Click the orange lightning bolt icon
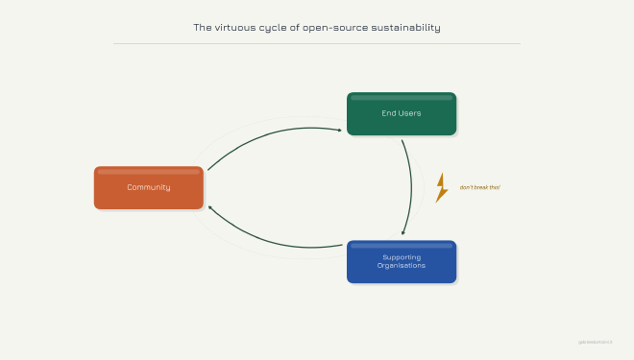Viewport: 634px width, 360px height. click(x=441, y=187)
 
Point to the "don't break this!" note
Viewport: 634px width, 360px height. click(x=480, y=187)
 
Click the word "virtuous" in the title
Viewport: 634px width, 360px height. click(x=237, y=28)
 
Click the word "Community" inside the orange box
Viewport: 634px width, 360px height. click(x=149, y=187)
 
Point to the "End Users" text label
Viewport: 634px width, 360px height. click(x=402, y=113)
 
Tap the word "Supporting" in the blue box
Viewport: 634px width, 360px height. click(x=402, y=257)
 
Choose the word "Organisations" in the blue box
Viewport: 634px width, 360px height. click(x=402, y=266)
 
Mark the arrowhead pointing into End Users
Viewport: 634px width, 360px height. click(x=339, y=130)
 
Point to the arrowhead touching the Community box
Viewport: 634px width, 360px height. click(x=210, y=207)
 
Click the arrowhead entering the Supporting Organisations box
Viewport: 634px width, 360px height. click(x=403, y=232)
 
